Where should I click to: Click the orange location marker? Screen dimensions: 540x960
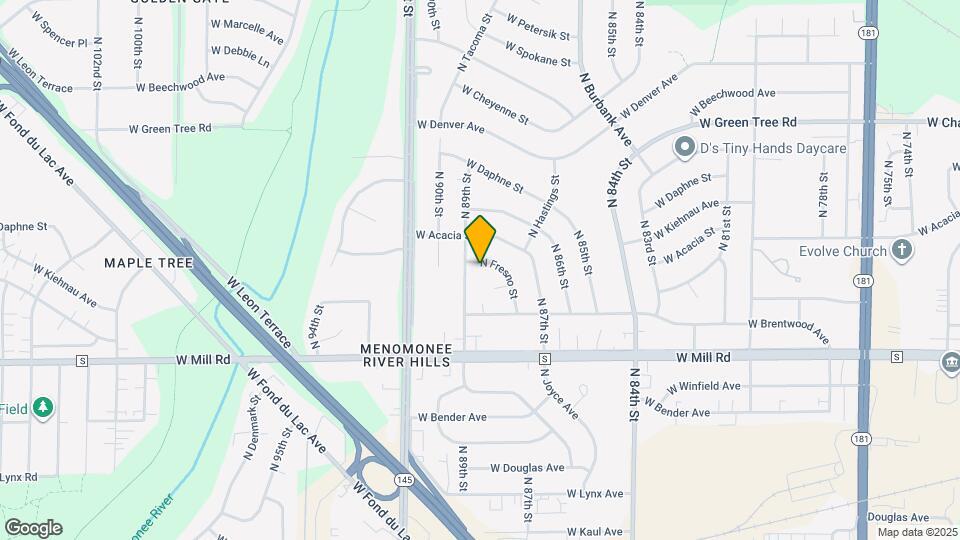(481, 239)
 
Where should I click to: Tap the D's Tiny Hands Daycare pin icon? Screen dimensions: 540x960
(684, 149)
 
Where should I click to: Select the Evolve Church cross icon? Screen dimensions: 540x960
(902, 250)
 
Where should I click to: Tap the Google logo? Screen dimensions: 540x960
(33, 527)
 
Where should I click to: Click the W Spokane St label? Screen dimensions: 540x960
(537, 52)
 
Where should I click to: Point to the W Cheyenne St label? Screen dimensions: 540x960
(494, 104)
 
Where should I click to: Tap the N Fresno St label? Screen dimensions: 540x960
(499, 278)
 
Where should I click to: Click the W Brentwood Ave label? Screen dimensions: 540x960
(790, 330)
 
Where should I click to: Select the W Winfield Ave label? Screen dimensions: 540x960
(705, 386)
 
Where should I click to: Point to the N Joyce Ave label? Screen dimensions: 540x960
(561, 394)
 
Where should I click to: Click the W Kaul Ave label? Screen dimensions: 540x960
(595, 532)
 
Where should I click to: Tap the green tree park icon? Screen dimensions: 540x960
(41, 406)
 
